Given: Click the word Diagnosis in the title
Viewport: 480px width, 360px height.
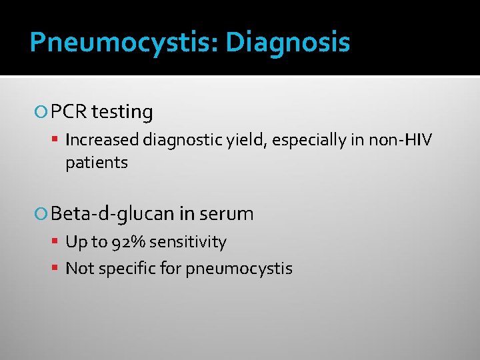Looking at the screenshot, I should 287,43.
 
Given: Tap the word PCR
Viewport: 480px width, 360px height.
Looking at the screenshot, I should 69,112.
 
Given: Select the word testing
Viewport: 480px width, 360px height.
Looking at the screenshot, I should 122,112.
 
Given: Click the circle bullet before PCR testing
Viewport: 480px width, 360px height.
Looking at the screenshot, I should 43,113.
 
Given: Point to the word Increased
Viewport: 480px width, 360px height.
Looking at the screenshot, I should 101,140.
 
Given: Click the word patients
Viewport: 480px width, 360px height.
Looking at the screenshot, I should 97,162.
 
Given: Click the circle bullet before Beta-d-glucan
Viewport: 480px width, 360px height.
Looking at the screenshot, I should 43,214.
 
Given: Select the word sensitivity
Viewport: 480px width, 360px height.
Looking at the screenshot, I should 187,242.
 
